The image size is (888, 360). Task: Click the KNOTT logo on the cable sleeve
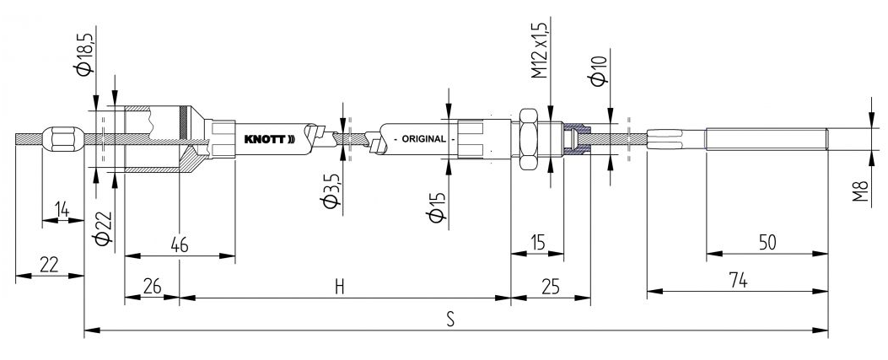pos(270,138)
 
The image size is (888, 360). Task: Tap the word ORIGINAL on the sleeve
pos(423,138)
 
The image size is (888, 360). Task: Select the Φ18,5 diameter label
pos(84,50)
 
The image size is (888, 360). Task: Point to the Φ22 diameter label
pos(103,228)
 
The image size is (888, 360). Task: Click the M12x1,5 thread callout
pos(539,51)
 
